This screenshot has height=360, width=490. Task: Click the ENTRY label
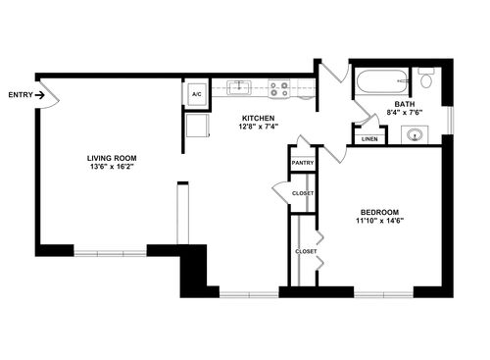point(21,95)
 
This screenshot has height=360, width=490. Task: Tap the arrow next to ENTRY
point(40,95)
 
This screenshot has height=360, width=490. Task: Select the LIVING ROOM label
point(112,158)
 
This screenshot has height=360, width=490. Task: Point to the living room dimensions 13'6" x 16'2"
point(112,167)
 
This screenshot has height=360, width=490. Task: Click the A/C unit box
point(196,94)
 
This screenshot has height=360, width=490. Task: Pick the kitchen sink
point(239,87)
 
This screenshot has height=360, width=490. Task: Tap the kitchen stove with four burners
point(279,89)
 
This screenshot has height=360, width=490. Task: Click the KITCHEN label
point(258,119)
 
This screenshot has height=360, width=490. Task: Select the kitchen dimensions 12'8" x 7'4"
point(258,127)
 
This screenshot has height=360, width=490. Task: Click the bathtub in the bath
point(381,81)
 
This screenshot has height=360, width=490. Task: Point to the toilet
point(426,77)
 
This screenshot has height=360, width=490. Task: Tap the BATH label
point(405,104)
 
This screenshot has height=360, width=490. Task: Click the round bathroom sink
point(415,134)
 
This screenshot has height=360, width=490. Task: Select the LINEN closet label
point(369,139)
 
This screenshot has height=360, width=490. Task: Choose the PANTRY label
point(303,163)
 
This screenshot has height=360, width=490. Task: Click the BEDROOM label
point(379,212)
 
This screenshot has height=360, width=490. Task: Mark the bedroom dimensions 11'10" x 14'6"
point(379,221)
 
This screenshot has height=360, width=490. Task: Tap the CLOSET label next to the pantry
point(303,193)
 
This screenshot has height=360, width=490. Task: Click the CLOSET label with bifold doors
point(306,252)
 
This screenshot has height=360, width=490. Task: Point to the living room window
point(110,253)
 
